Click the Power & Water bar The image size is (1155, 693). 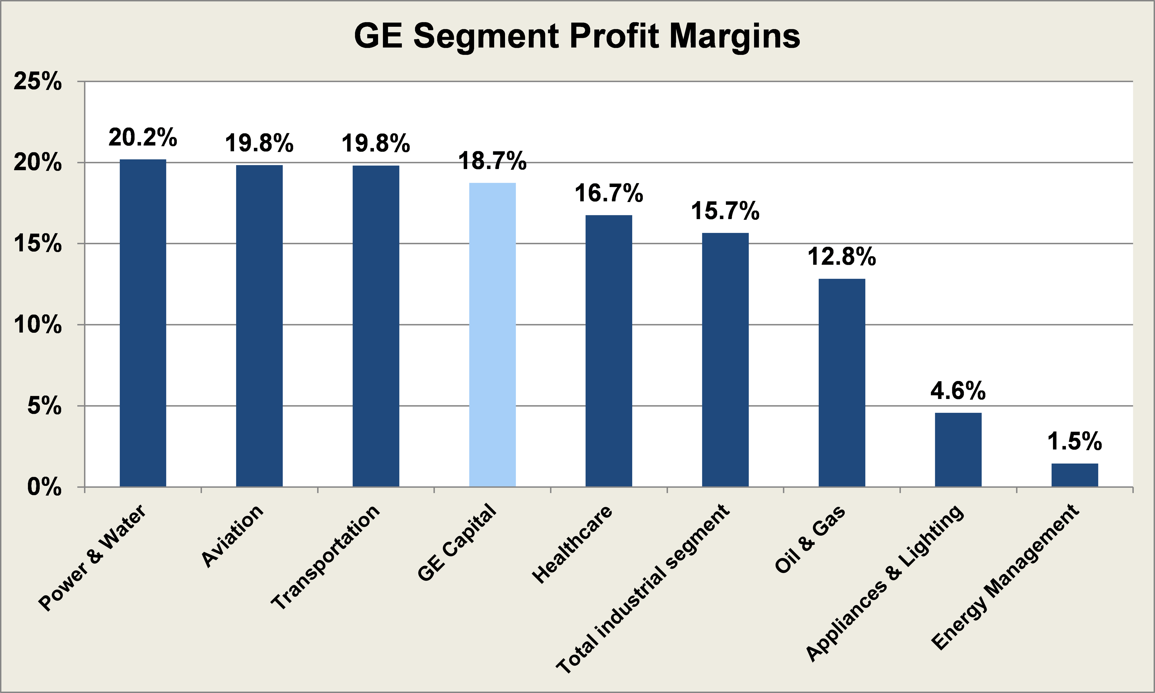click(143, 323)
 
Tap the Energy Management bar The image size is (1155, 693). click(1075, 475)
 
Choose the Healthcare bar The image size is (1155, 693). click(608, 351)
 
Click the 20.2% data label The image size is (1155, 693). click(143, 137)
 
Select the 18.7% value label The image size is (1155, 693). click(492, 161)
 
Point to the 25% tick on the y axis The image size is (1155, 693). click(37, 82)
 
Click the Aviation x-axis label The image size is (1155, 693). click(233, 536)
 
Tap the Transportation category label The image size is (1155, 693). click(325, 558)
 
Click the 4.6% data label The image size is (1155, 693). click(958, 391)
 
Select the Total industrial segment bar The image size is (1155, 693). click(725, 360)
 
